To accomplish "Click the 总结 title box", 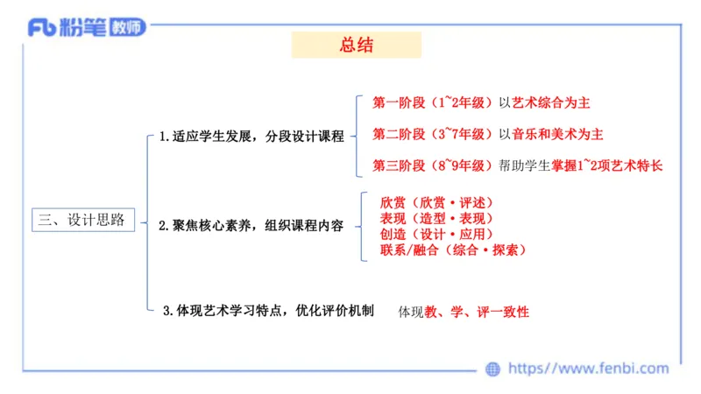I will coord(356,46).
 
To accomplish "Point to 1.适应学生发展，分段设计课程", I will coord(251,137).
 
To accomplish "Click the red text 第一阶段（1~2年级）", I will coord(433,102).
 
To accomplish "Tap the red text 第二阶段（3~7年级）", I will coord(433,134).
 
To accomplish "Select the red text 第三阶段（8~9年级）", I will coord(433,165).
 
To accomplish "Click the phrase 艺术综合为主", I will coord(551,102).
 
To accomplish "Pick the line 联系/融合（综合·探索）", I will coord(453,250).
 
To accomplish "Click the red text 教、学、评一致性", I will coord(477,312).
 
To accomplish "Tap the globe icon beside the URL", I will coord(493,369).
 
